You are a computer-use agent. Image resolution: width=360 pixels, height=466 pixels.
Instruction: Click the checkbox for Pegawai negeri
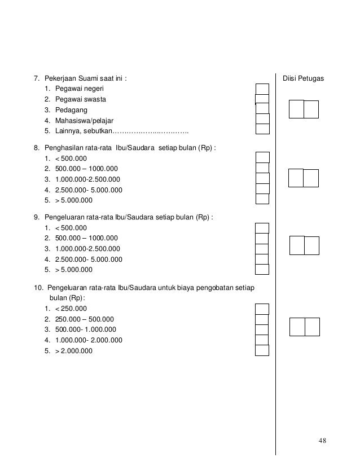point(262,89)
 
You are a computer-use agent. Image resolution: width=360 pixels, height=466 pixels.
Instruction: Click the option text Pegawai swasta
point(80,99)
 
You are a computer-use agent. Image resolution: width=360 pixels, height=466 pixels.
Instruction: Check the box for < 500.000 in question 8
point(262,157)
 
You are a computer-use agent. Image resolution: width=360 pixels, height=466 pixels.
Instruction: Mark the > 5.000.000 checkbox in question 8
point(262,199)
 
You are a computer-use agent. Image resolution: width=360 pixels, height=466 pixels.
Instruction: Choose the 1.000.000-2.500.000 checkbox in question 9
point(261,249)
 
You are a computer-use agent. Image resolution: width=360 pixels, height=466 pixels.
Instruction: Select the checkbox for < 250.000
point(262,309)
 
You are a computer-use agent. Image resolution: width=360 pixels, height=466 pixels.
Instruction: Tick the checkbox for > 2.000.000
point(262,350)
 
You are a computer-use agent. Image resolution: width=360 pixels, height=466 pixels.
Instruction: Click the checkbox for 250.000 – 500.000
point(262,319)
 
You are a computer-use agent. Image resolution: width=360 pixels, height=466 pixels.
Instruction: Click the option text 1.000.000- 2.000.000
point(89,340)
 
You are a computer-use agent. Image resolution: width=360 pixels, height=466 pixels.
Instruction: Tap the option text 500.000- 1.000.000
point(86,329)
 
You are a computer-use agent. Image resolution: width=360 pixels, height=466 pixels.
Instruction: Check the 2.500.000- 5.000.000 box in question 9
point(261,260)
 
